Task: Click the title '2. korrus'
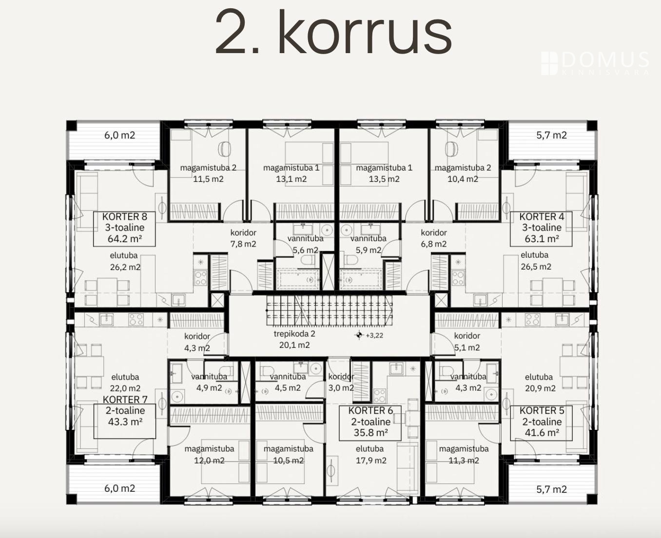tap(333, 32)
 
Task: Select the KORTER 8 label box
tap(124, 229)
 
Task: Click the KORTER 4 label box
tap(542, 229)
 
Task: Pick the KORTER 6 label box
tap(370, 423)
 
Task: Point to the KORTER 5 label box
tap(542, 423)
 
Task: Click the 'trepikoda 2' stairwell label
tap(294, 340)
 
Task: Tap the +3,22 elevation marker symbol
tap(359, 335)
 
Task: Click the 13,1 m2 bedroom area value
tap(292, 179)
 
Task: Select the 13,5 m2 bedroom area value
tap(384, 179)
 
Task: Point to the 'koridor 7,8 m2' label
tap(243, 238)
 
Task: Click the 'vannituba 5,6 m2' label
tap(306, 244)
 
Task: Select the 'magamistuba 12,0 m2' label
tap(210, 455)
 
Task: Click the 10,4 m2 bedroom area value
tap(463, 179)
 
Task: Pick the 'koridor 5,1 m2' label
tap(467, 342)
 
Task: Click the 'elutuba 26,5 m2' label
tap(536, 261)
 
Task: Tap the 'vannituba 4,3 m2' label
tap(468, 382)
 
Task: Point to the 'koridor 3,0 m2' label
tap(341, 382)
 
